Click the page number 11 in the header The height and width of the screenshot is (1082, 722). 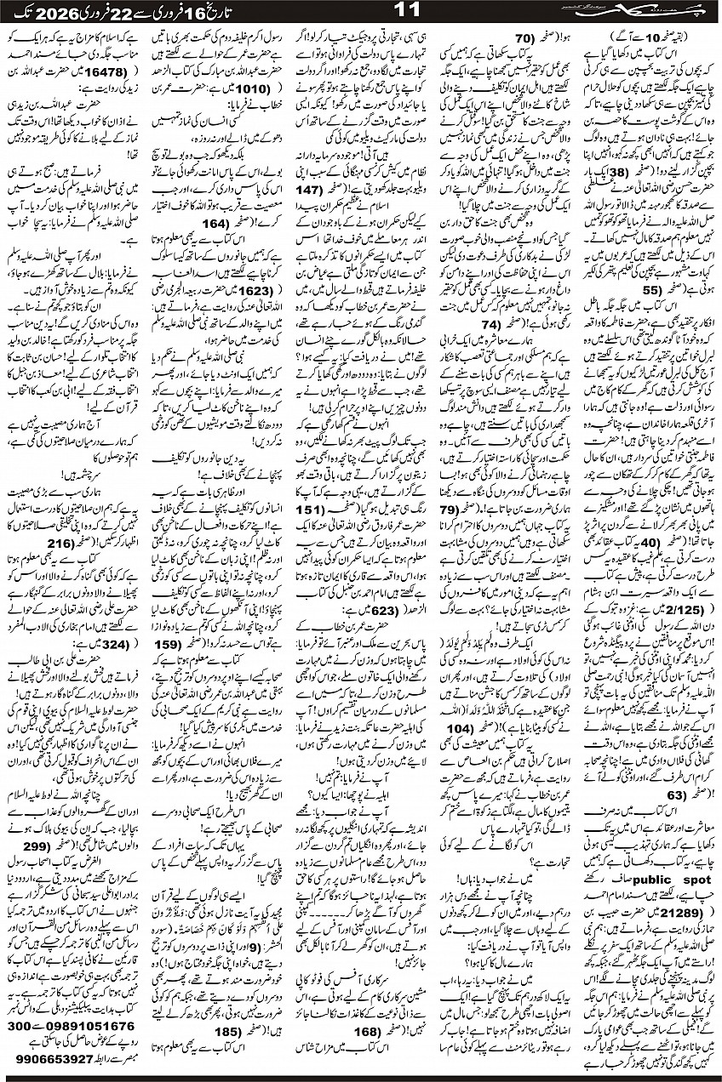[x=360, y=12]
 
